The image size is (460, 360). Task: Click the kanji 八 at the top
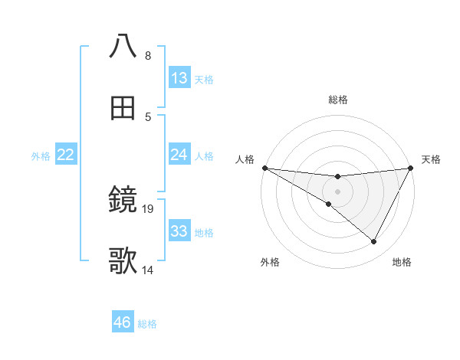pyautogui.click(x=123, y=46)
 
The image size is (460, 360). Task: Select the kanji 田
pyautogui.click(x=123, y=108)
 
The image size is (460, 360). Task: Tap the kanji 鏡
pyautogui.click(x=123, y=201)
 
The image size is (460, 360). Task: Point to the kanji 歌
pyautogui.click(x=123, y=261)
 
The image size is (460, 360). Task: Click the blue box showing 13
pyautogui.click(x=179, y=78)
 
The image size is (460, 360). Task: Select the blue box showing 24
pyautogui.click(x=179, y=155)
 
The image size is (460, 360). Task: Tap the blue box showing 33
pyautogui.click(x=179, y=231)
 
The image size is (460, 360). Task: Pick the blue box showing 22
pyautogui.click(x=66, y=155)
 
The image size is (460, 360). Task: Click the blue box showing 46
pyautogui.click(x=122, y=322)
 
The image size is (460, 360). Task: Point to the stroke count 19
pyautogui.click(x=149, y=208)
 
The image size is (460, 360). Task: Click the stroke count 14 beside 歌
pyautogui.click(x=149, y=270)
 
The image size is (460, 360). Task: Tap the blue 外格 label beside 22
pyautogui.click(x=41, y=155)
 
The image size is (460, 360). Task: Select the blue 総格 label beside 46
pyautogui.click(x=147, y=323)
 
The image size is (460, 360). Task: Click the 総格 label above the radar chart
pyautogui.click(x=338, y=100)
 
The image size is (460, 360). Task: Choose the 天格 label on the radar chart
pyautogui.click(x=432, y=159)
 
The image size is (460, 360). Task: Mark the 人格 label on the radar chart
pyautogui.click(x=245, y=159)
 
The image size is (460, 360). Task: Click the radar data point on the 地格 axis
pyautogui.click(x=374, y=242)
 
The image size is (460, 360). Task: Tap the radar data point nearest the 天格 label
pyautogui.click(x=412, y=168)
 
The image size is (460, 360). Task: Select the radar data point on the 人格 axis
pyautogui.click(x=264, y=168)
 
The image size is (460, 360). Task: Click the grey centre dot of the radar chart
pyautogui.click(x=338, y=191)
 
